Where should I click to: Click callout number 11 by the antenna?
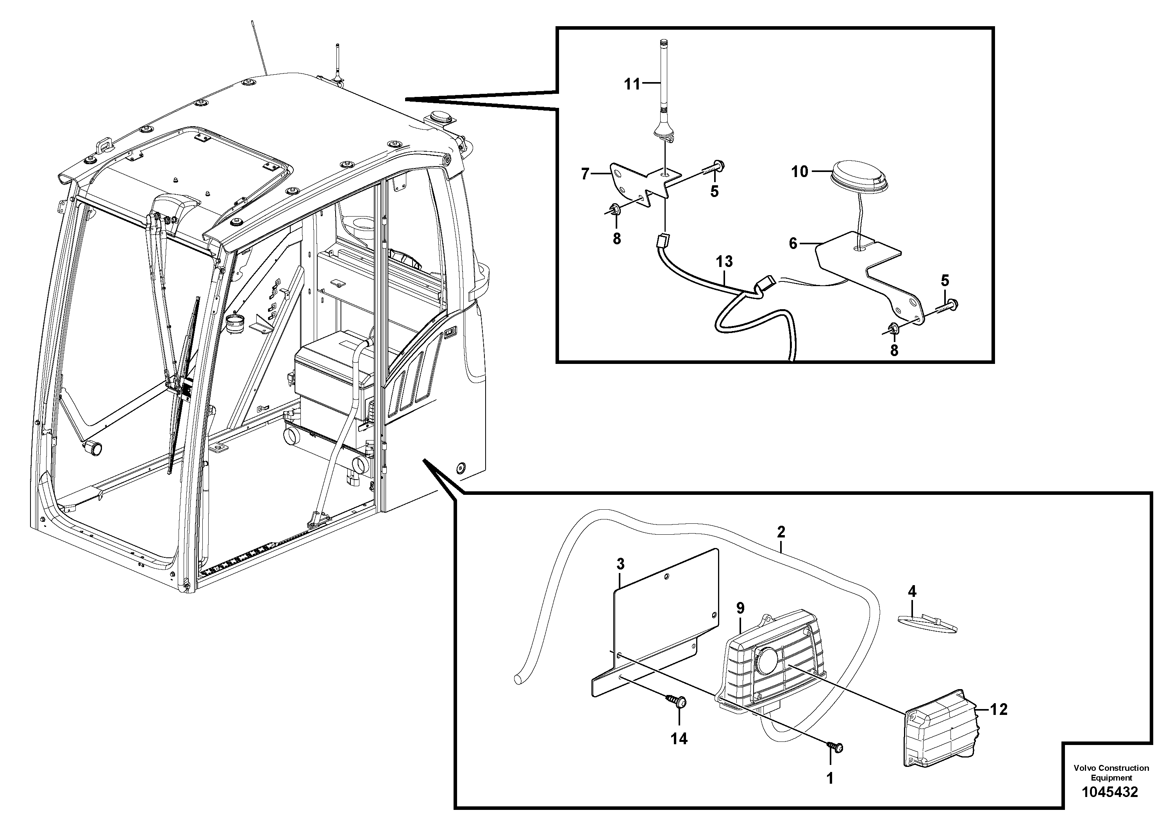pyautogui.click(x=632, y=84)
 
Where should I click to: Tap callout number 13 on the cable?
pyautogui.click(x=724, y=261)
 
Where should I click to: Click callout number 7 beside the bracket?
pyautogui.click(x=585, y=174)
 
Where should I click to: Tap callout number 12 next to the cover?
pyautogui.click(x=999, y=709)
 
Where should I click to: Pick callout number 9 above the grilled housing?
pyautogui.click(x=741, y=609)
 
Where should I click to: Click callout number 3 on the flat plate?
pyautogui.click(x=620, y=564)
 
